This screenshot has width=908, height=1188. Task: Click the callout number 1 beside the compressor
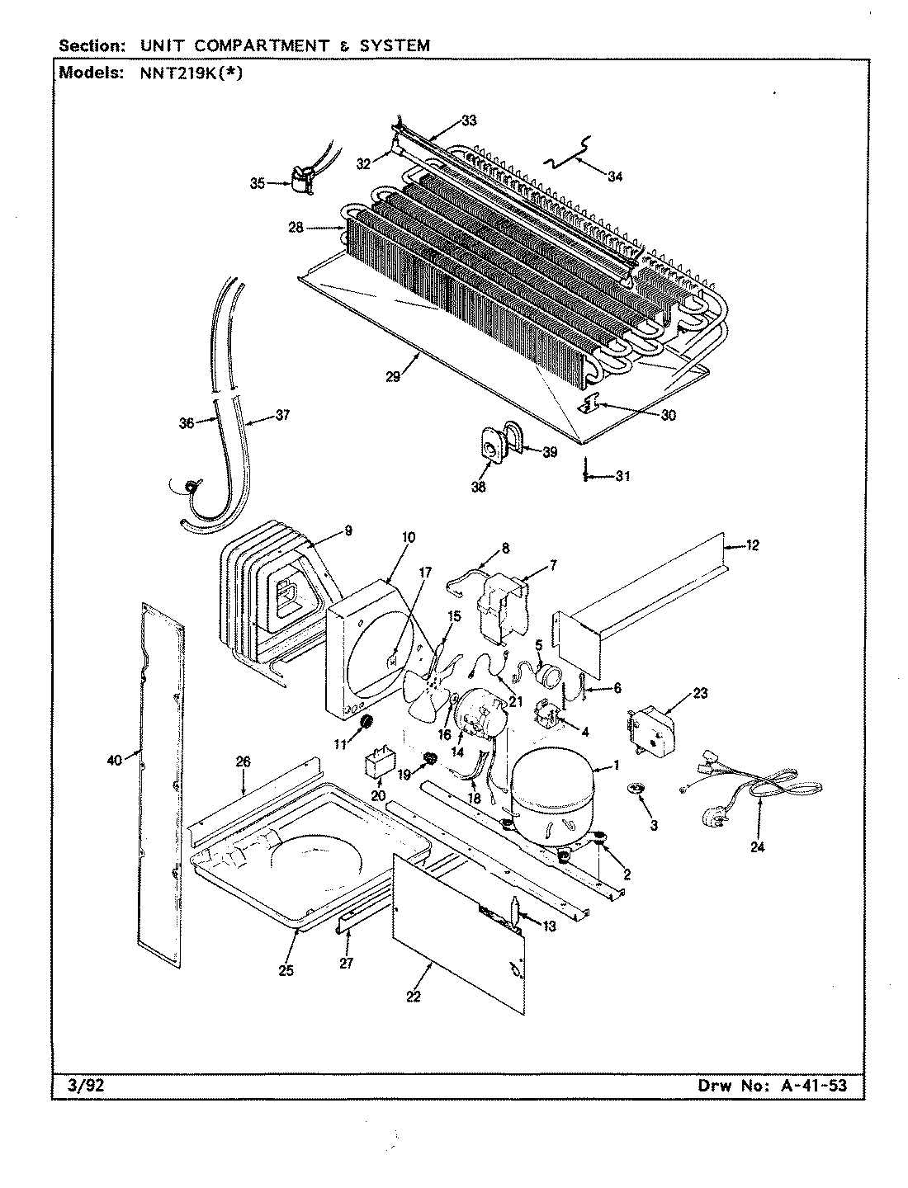pyautogui.click(x=616, y=766)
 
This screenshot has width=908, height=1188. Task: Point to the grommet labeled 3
pyautogui.click(x=635, y=790)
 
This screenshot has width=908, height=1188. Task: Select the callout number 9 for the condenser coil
pyautogui.click(x=348, y=532)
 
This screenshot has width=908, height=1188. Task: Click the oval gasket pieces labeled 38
pyautogui.click(x=490, y=450)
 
